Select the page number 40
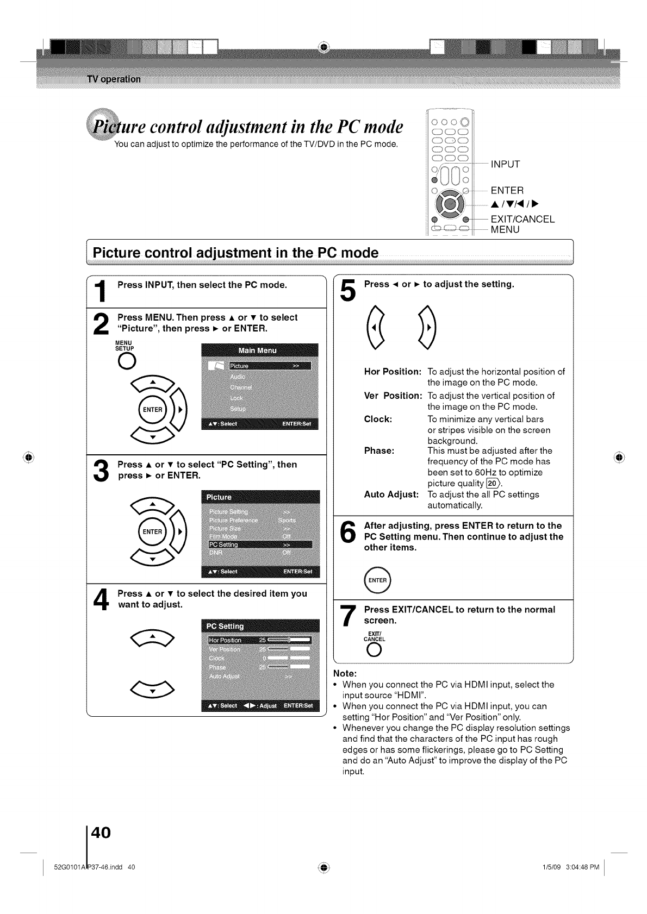[101, 832]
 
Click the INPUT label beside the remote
[505, 164]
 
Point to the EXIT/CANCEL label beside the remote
[522, 219]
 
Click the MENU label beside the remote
[505, 230]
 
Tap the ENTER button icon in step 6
[378, 580]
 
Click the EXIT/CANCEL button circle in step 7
[374, 652]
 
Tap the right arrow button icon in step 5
[428, 329]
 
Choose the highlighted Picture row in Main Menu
[269, 366]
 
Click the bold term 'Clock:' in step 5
[378, 419]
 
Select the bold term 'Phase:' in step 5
[379, 450]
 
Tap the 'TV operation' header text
[114, 79]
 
